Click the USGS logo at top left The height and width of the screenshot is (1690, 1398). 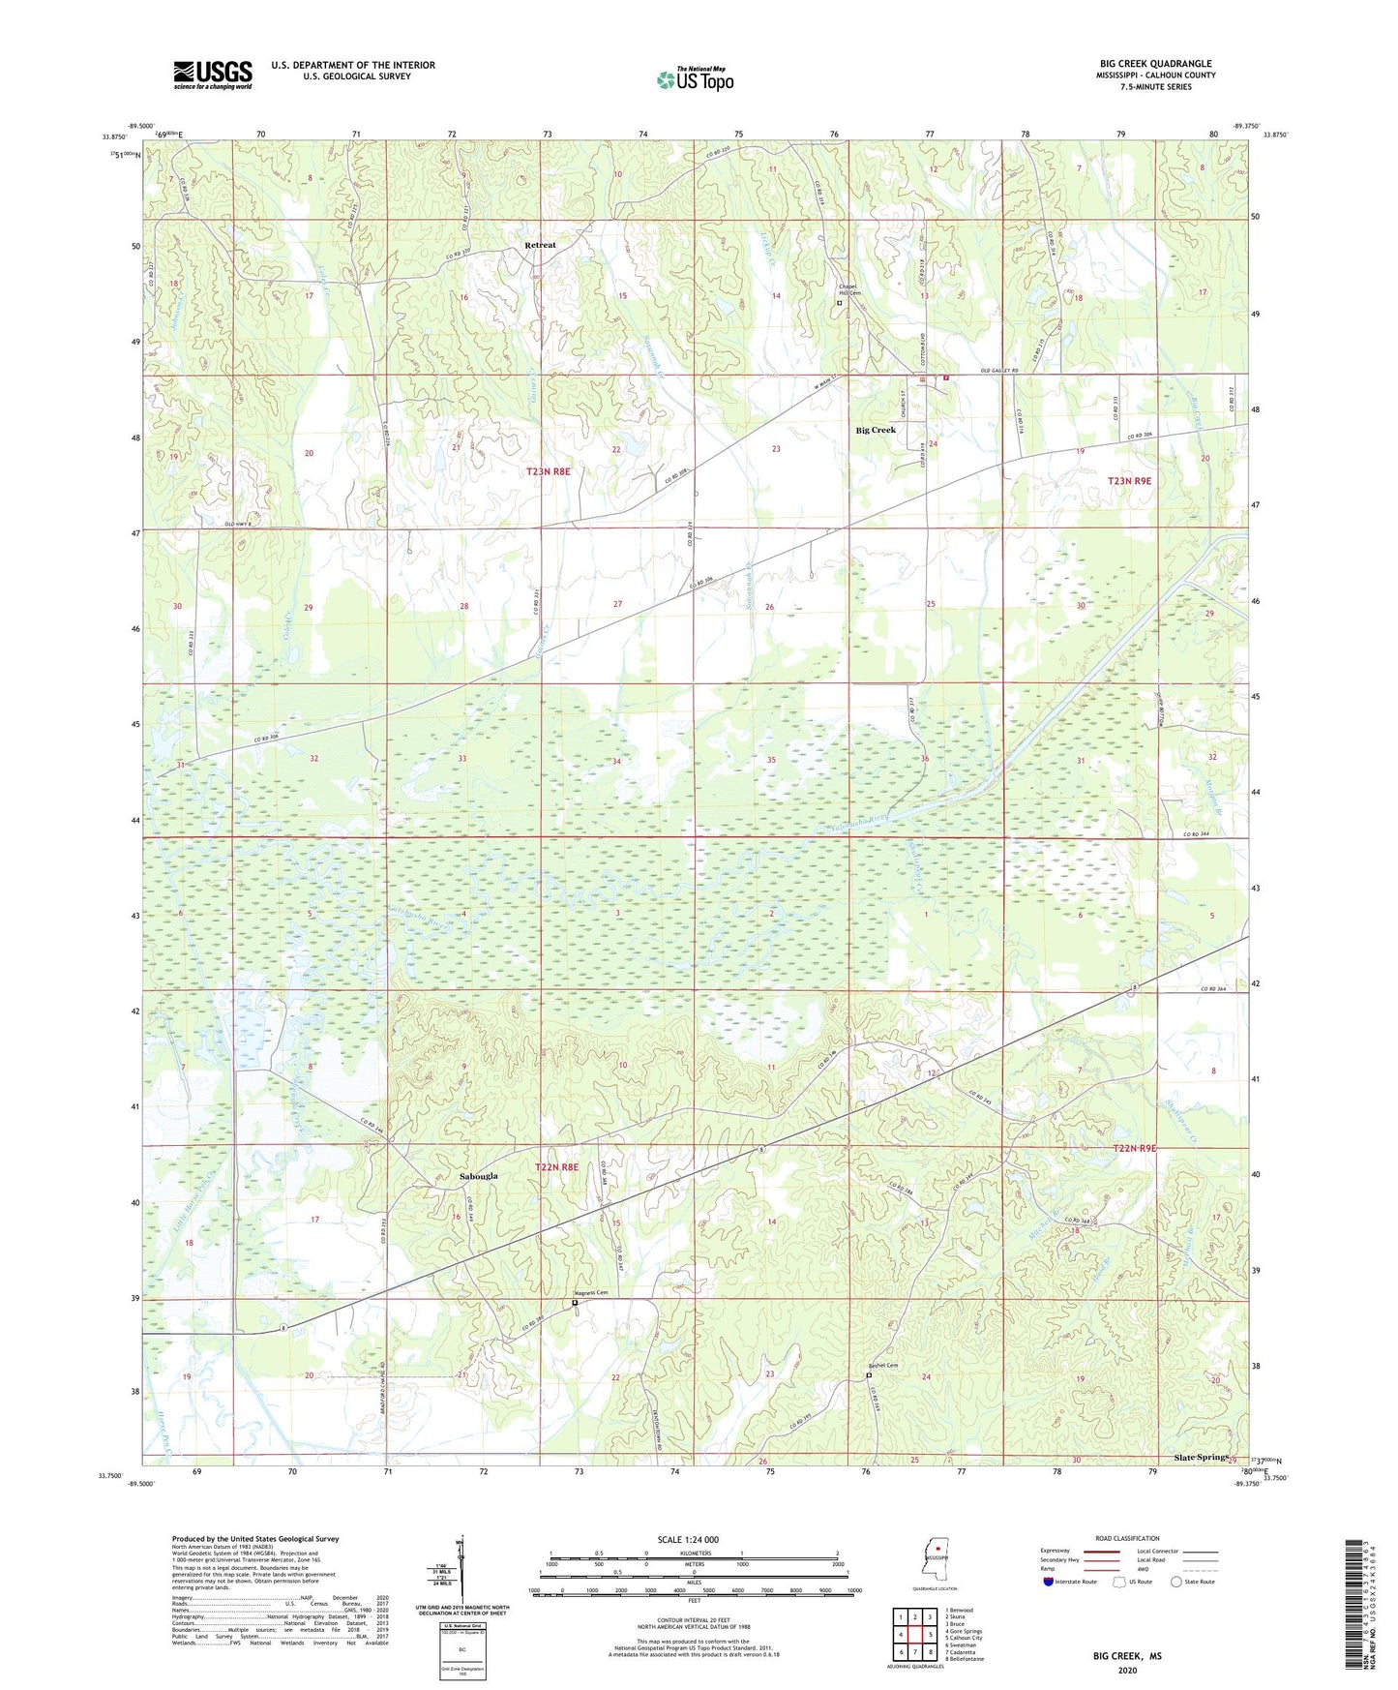point(212,75)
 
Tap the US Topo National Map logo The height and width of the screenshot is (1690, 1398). point(694,78)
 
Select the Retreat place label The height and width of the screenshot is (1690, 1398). point(540,245)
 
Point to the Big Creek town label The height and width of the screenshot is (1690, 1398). point(876,430)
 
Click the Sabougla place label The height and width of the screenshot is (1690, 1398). point(478,1175)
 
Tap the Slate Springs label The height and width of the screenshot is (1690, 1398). point(1200,1457)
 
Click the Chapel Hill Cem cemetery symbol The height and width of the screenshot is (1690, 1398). point(839,303)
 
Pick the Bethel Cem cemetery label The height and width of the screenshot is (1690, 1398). point(882,1366)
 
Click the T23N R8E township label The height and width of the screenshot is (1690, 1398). point(549,471)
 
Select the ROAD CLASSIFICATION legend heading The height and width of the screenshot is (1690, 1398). point(1127,1538)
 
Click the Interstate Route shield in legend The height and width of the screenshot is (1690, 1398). point(1049,1582)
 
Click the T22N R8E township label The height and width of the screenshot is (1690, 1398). point(556,1167)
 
